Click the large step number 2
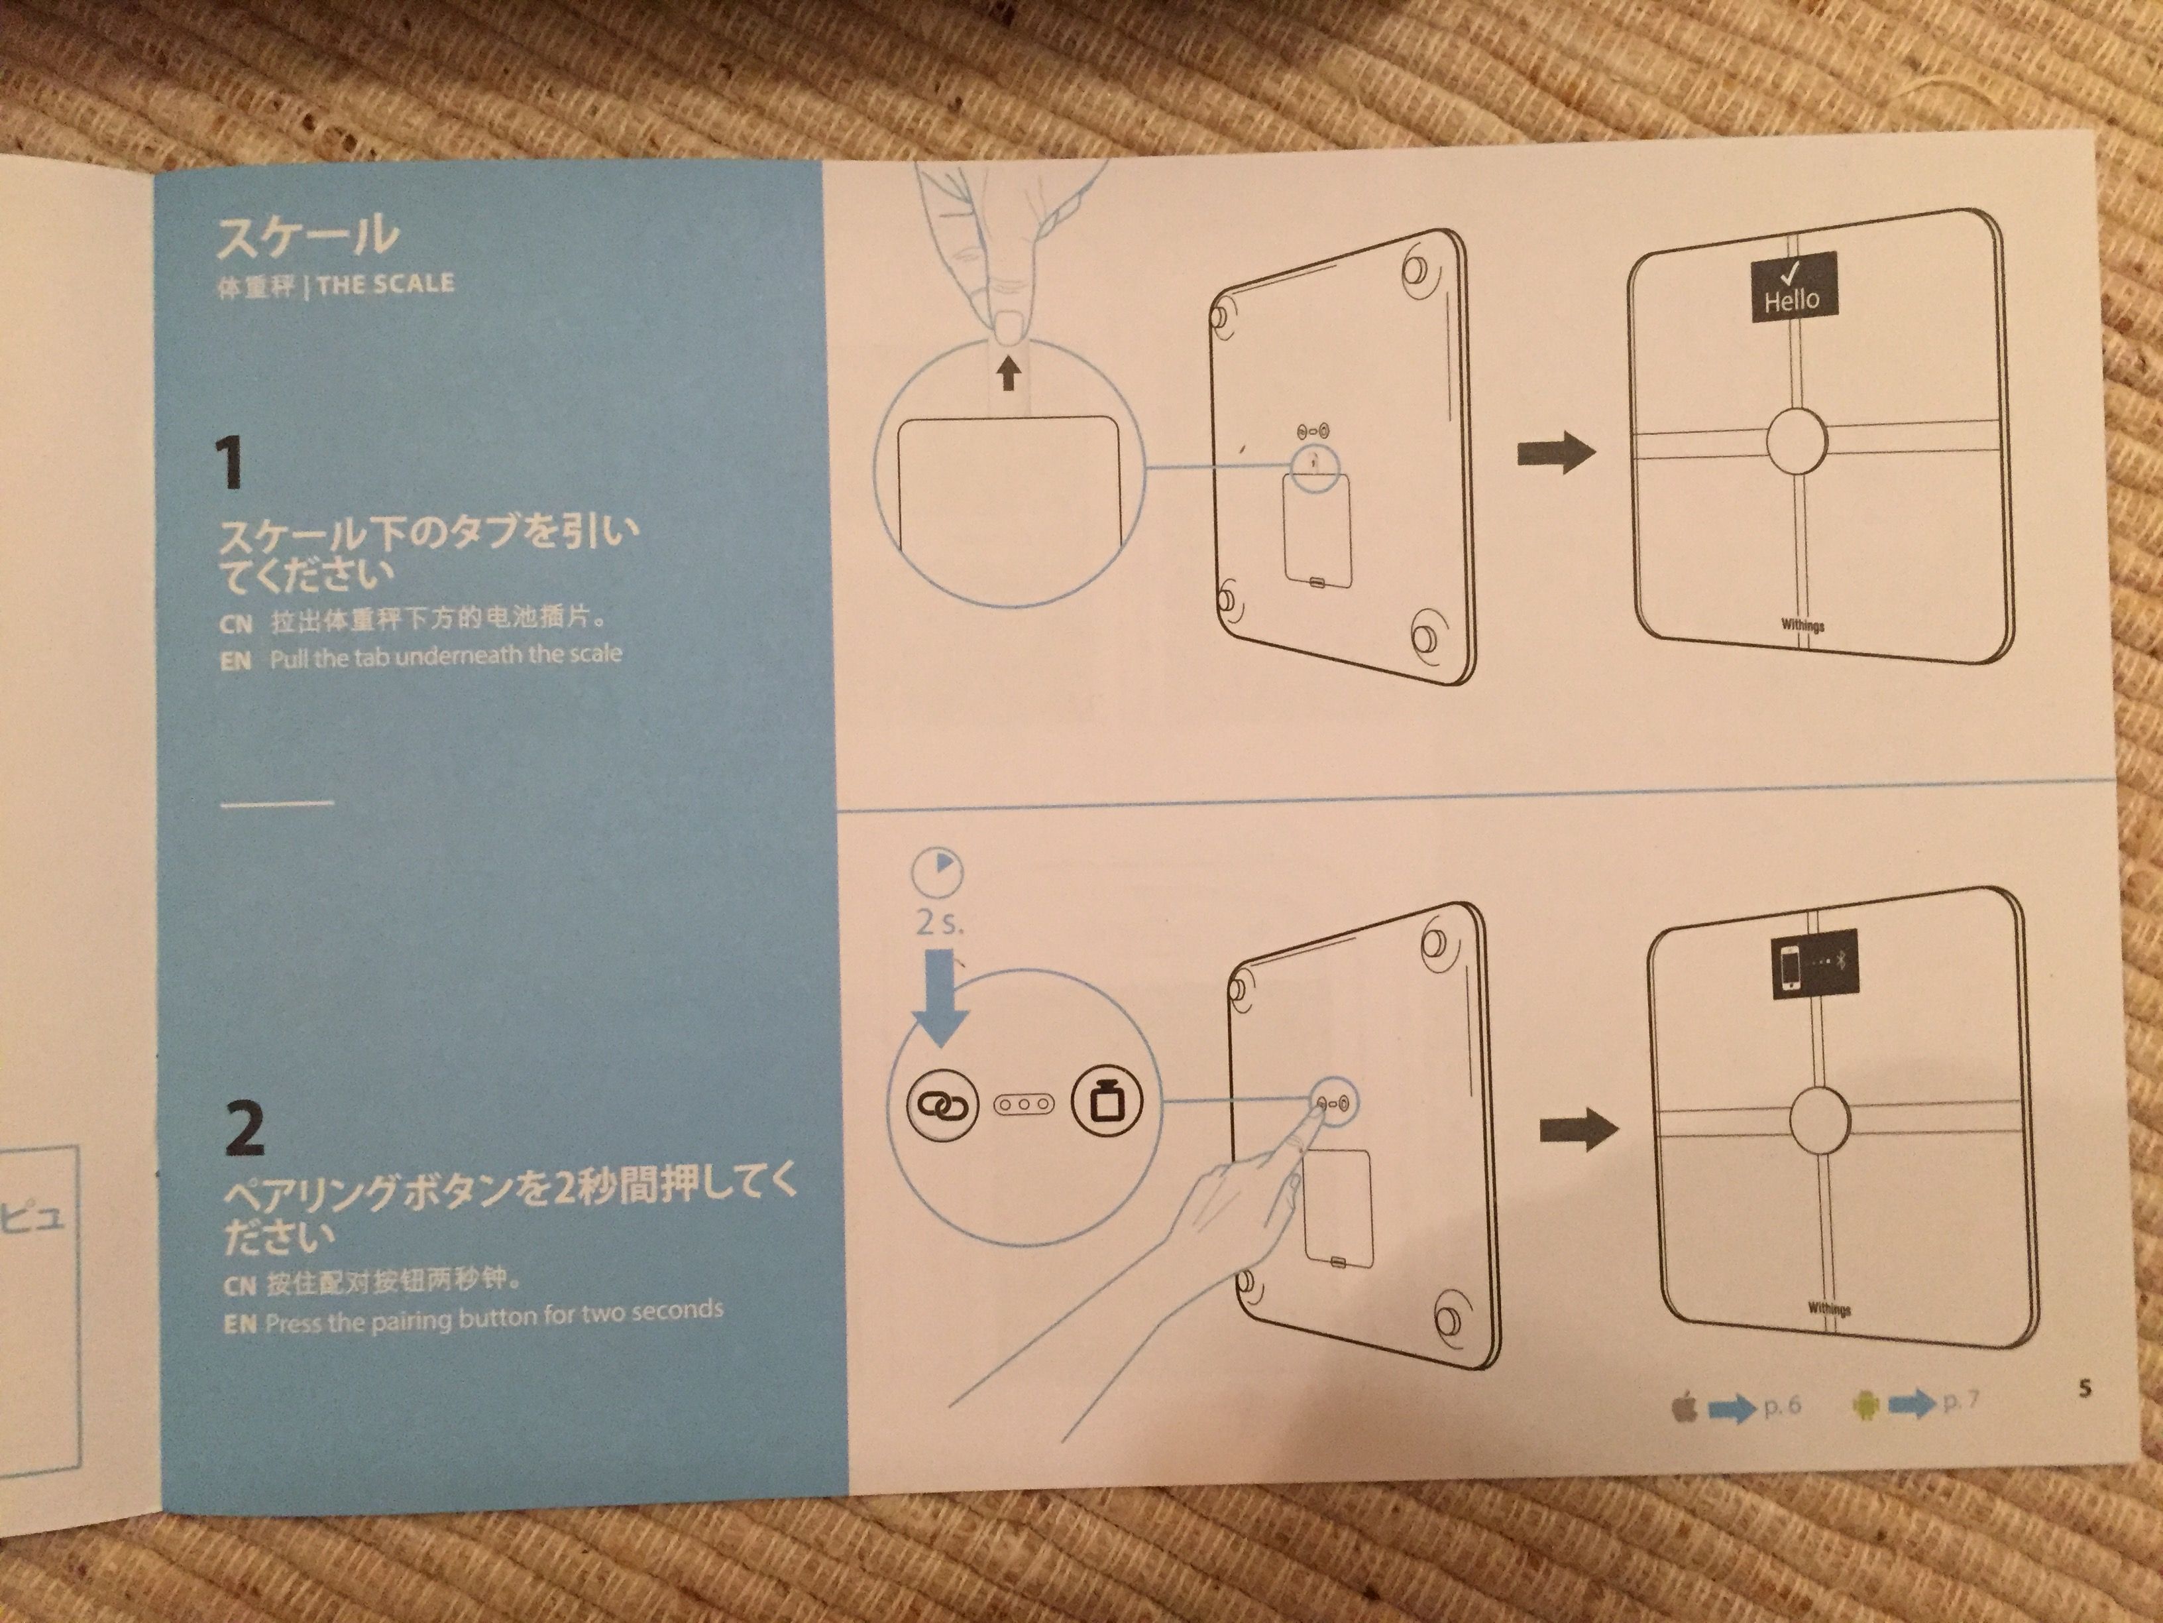(243, 1129)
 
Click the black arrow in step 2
(1579, 1130)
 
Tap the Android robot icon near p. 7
(1865, 1406)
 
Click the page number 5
(2085, 1388)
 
